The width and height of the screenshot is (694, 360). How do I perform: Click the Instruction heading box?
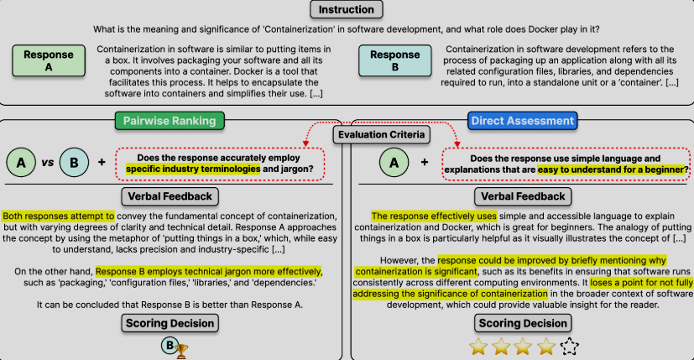click(x=346, y=10)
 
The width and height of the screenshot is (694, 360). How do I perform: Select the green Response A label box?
click(x=48, y=60)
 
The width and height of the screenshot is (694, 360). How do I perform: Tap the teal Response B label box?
click(x=394, y=60)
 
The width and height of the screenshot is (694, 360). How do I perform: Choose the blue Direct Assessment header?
click(x=522, y=121)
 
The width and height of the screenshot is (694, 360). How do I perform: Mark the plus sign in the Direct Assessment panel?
click(x=425, y=161)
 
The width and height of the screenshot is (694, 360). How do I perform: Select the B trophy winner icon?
click(x=173, y=346)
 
